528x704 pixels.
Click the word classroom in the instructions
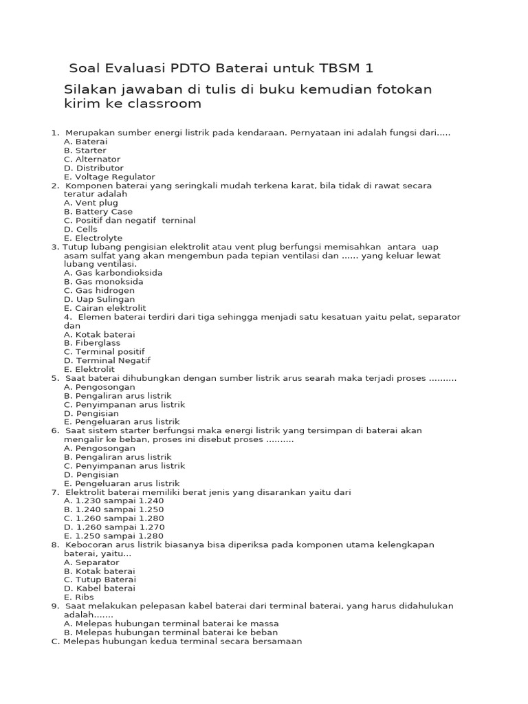[165, 104]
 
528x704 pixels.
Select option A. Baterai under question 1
[85, 142]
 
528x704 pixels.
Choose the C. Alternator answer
[92, 159]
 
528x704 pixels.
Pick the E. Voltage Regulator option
[109, 177]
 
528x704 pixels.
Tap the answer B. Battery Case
[98, 212]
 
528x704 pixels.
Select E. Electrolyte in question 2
[93, 238]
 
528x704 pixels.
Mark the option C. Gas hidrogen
[99, 291]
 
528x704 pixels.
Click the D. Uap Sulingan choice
[99, 300]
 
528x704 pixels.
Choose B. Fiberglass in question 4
[92, 343]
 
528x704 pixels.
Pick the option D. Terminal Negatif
[107, 360]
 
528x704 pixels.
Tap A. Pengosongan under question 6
[99, 448]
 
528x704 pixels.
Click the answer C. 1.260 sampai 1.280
[113, 518]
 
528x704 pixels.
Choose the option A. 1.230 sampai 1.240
[113, 500]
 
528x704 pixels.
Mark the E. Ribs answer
[80, 597]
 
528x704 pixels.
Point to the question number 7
[54, 492]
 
